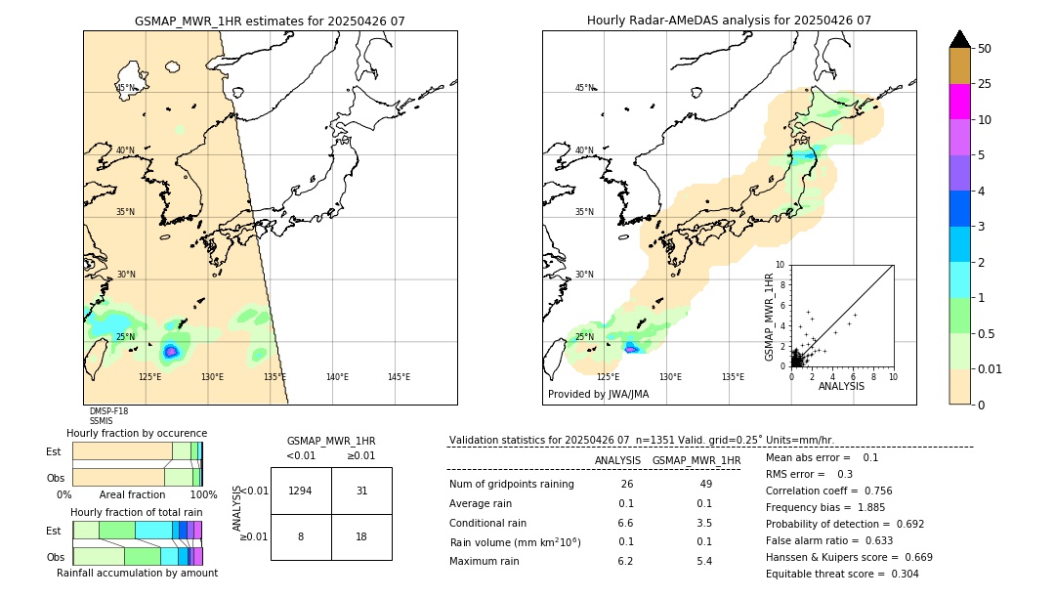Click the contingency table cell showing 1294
click(x=301, y=491)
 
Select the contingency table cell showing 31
click(x=361, y=491)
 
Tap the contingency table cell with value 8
click(x=301, y=536)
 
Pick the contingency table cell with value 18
click(x=361, y=536)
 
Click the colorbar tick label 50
click(x=985, y=49)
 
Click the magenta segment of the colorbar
click(x=959, y=102)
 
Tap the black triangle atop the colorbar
click(x=959, y=39)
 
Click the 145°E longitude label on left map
click(x=399, y=377)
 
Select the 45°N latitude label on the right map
click(x=584, y=88)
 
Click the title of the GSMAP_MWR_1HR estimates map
click(x=270, y=21)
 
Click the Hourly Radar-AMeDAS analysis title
click(x=729, y=21)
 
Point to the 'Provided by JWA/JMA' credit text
click(x=598, y=395)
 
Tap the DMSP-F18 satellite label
click(x=108, y=411)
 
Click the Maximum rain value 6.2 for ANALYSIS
click(x=625, y=561)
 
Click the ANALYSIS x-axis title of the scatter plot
click(x=840, y=386)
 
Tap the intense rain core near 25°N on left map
click(x=171, y=351)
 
